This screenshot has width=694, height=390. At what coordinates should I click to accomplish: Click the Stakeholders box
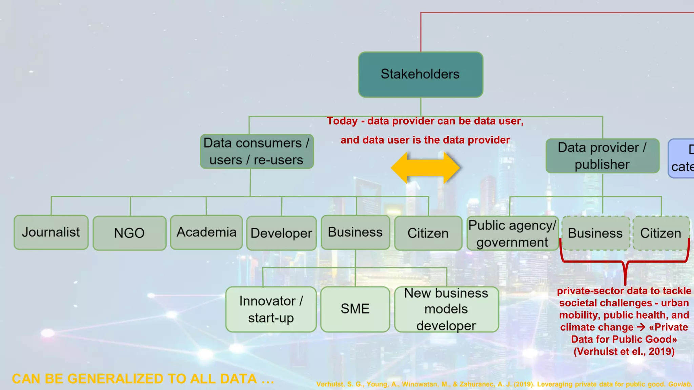tap(421, 74)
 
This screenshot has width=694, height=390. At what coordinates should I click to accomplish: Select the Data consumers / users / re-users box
tap(257, 151)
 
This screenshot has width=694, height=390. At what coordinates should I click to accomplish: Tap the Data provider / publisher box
tap(602, 156)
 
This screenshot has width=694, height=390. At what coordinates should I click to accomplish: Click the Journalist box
tap(51, 232)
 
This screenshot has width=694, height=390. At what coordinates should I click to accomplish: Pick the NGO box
tap(129, 233)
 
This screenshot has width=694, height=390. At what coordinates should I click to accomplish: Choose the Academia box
tap(206, 232)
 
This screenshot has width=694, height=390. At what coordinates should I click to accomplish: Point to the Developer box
tap(281, 233)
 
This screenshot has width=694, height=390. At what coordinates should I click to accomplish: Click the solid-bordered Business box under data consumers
tap(355, 232)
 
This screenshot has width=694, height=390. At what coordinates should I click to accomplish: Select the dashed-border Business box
tap(595, 233)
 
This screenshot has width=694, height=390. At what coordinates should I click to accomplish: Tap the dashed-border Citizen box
tap(660, 233)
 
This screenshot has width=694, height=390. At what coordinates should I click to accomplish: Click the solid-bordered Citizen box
tap(428, 233)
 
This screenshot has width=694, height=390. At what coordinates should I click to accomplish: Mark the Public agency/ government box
tap(512, 234)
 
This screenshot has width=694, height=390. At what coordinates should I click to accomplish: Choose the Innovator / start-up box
tap(271, 309)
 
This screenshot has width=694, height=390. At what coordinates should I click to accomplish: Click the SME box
tap(355, 309)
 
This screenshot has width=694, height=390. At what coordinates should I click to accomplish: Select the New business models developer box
tap(446, 309)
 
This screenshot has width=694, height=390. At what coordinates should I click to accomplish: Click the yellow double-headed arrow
tap(425, 168)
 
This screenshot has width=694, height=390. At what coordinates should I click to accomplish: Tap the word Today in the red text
tap(342, 121)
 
